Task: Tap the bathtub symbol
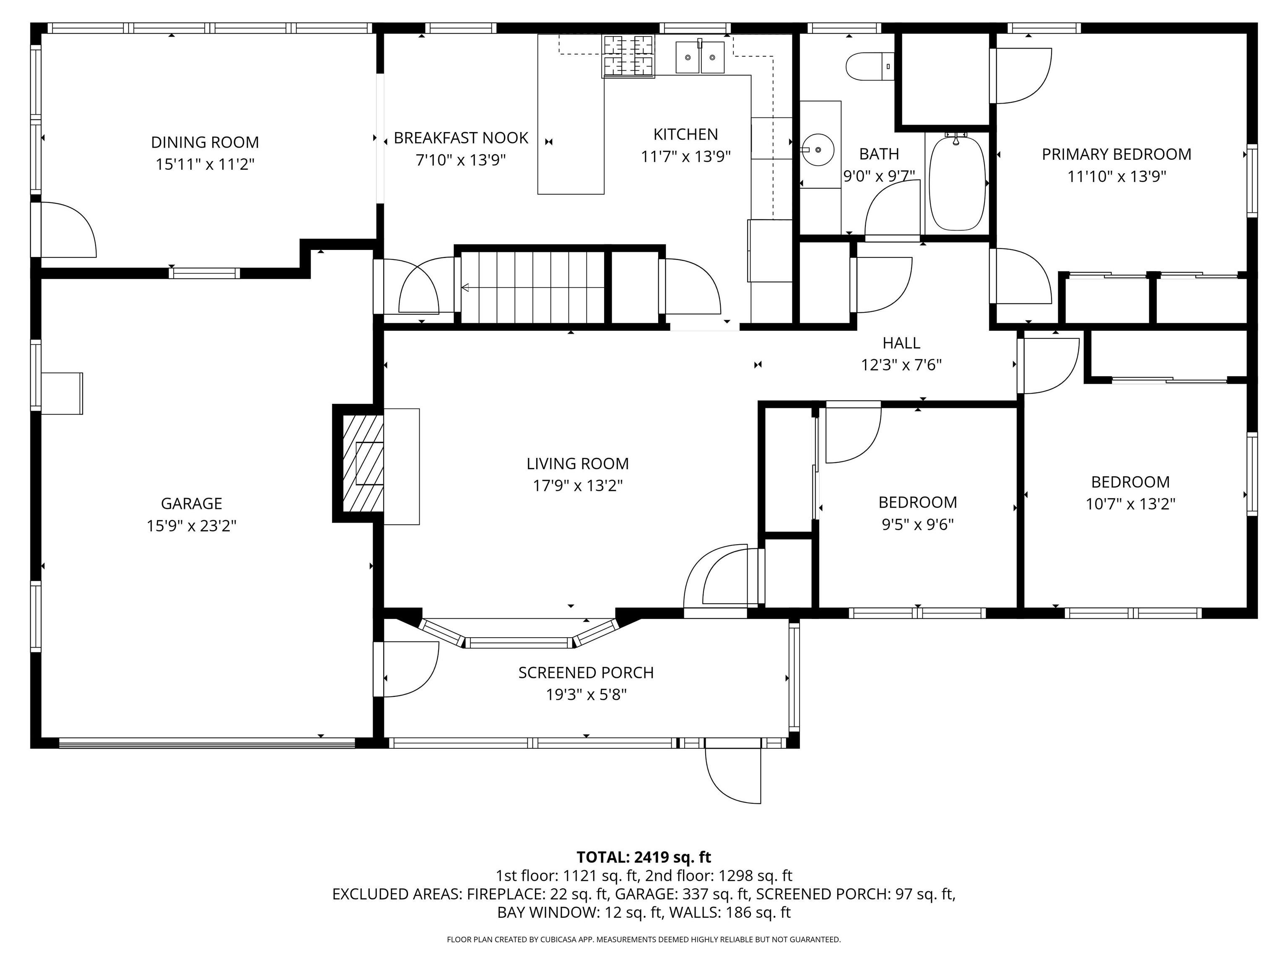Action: click(957, 183)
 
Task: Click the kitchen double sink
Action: click(700, 57)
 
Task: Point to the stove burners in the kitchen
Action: click(628, 57)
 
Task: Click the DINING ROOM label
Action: click(205, 142)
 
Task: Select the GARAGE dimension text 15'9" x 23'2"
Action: click(192, 526)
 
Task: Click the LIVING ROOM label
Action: click(578, 463)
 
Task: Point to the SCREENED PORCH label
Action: click(586, 673)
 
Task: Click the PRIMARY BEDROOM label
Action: click(1116, 154)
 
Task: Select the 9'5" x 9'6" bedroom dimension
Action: click(918, 525)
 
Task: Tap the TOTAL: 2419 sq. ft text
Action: click(644, 857)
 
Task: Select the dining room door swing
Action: click(67, 230)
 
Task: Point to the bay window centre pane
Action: click(519, 643)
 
